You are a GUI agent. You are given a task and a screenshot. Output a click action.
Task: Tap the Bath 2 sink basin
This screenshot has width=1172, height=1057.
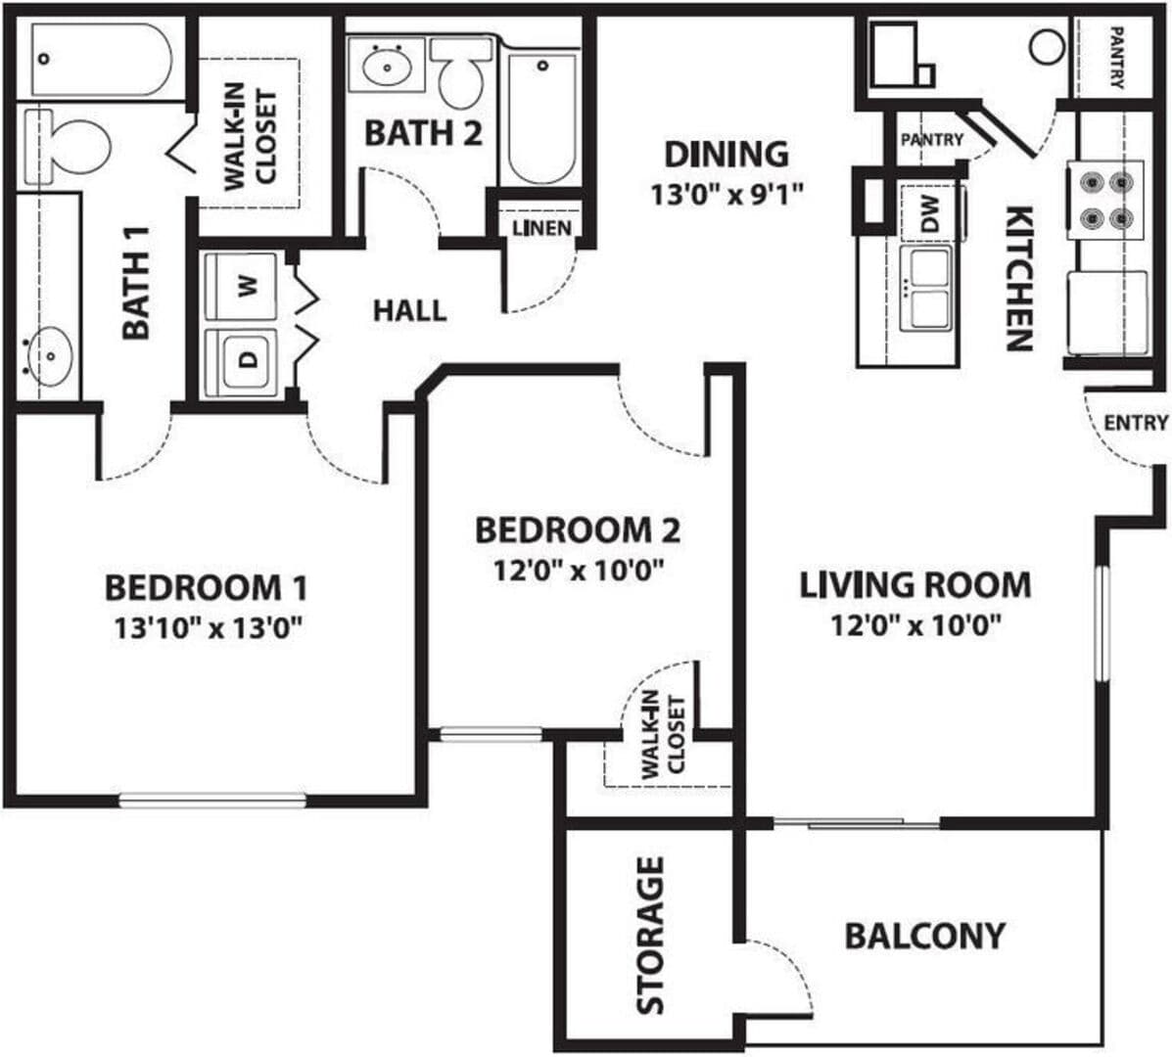click(x=387, y=66)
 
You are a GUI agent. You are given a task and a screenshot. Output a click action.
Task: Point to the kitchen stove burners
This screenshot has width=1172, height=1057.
click(x=1105, y=201)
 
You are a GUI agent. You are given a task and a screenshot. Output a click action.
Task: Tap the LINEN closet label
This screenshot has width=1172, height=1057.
click(x=541, y=228)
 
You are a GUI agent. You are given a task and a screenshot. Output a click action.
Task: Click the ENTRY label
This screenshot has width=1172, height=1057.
click(x=1136, y=423)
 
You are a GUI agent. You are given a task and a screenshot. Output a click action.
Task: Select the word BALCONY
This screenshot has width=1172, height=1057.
click(x=924, y=936)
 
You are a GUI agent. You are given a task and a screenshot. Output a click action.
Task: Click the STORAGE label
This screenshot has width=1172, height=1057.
click(x=650, y=936)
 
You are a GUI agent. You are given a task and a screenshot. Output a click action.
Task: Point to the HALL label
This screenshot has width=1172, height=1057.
click(x=409, y=311)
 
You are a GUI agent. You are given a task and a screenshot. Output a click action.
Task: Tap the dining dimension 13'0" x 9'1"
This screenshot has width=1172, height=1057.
click(x=727, y=196)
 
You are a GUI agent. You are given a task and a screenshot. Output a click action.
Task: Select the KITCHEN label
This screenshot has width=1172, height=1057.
click(x=1019, y=278)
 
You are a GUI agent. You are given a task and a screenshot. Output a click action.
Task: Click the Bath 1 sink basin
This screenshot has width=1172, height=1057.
click(x=50, y=356)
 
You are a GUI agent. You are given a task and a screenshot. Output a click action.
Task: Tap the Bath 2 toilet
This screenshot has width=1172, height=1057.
click(x=462, y=73)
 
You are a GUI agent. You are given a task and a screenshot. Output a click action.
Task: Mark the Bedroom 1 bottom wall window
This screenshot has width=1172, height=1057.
click(x=212, y=800)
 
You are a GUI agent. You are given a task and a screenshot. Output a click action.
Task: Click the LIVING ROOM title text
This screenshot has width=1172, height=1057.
click(x=915, y=585)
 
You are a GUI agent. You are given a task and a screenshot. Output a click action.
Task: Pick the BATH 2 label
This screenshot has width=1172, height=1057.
click(x=423, y=134)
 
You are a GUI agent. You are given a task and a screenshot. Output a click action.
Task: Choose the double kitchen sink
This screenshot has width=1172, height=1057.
click(x=927, y=289)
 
